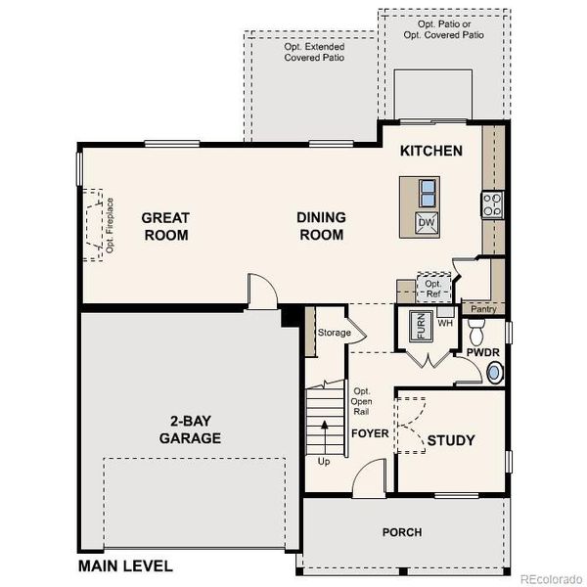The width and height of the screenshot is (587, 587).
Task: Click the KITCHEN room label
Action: (430, 152)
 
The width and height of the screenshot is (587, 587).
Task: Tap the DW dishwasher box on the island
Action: (427, 222)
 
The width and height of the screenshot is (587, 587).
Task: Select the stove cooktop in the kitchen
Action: (491, 204)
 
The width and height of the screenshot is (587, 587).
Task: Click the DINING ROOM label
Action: (320, 226)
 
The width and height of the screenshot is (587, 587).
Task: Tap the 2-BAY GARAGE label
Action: (190, 431)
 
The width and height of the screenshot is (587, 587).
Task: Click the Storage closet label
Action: (333, 334)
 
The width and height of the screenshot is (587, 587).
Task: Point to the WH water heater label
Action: (444, 323)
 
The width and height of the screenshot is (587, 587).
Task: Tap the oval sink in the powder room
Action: (496, 372)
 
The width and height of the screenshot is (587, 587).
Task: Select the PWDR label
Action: (482, 351)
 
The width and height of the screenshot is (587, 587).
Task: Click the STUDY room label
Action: (451, 440)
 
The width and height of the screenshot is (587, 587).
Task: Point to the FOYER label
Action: (370, 433)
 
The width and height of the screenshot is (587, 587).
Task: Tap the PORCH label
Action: (401, 532)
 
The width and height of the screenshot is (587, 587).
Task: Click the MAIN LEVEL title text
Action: (125, 565)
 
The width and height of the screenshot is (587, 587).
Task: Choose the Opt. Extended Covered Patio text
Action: (314, 52)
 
